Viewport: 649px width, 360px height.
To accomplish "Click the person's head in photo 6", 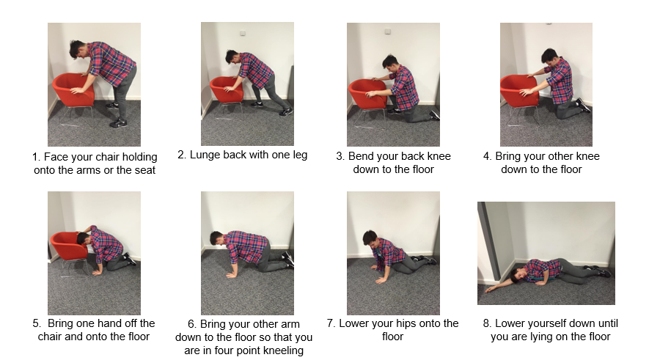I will [217, 239].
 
